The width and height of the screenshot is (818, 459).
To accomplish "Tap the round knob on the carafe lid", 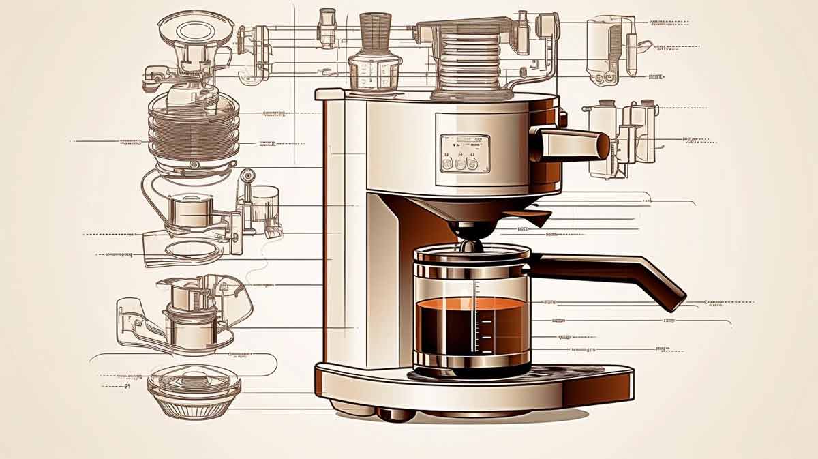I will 471,244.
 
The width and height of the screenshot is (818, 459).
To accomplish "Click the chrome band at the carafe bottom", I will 472,359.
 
